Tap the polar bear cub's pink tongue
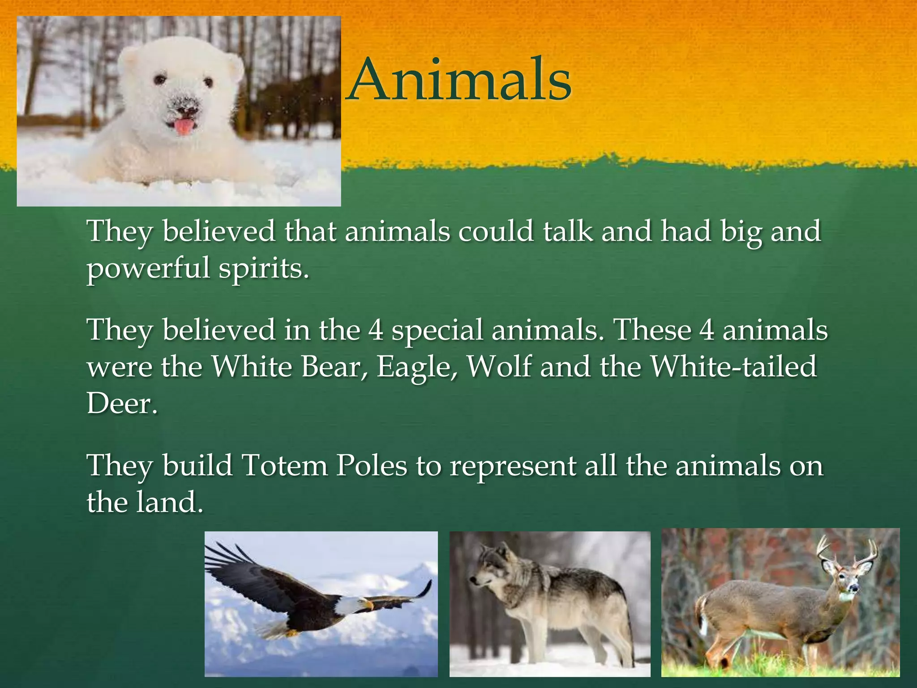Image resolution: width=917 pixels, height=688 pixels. click(182, 127)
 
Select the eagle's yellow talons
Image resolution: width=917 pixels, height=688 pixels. click(291, 632)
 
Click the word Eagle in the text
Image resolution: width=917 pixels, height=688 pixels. click(417, 367)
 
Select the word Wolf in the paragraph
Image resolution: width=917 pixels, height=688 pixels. click(499, 367)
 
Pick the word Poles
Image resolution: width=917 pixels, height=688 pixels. click(372, 465)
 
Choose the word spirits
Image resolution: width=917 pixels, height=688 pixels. click(264, 268)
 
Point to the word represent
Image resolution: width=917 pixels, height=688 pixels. click(513, 466)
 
